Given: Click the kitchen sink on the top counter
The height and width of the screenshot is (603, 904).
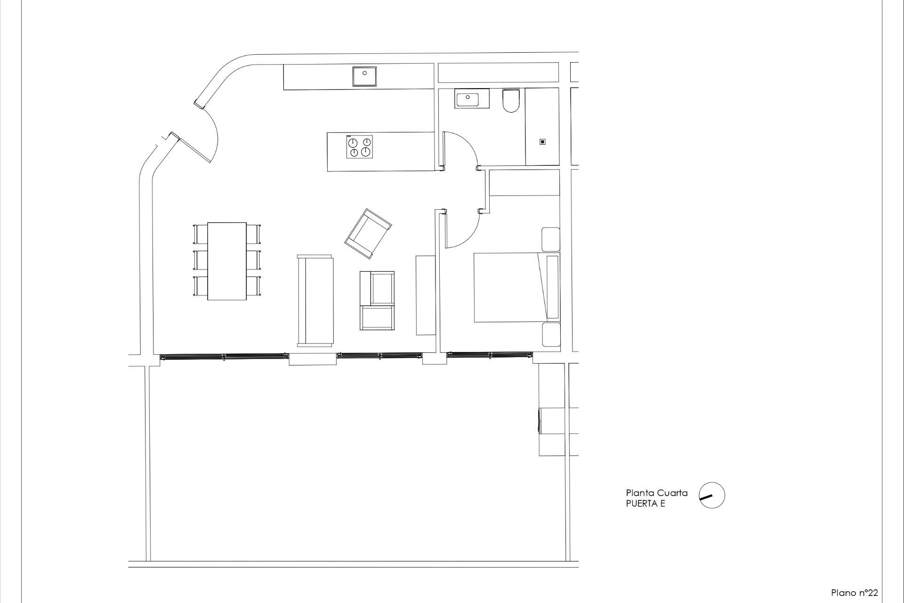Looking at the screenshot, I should pyautogui.click(x=365, y=76).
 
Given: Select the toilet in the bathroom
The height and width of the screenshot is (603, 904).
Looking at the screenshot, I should pyautogui.click(x=510, y=101).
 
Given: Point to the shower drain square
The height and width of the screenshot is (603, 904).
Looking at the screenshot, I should pyautogui.click(x=542, y=142).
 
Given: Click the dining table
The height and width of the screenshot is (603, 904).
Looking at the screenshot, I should pyautogui.click(x=227, y=261).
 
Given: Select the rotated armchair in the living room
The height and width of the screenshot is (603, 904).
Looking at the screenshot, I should pyautogui.click(x=368, y=234).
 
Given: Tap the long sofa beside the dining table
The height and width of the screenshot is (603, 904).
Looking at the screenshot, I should pyautogui.click(x=315, y=301).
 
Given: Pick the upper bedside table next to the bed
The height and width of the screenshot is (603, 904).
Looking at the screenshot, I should pyautogui.click(x=550, y=239).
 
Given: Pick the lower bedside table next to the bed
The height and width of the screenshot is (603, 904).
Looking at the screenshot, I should pyautogui.click(x=550, y=334).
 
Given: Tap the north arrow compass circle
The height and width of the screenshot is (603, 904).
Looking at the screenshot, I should pyautogui.click(x=711, y=495).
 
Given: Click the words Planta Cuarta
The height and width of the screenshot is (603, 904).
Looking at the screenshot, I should pyautogui.click(x=656, y=493).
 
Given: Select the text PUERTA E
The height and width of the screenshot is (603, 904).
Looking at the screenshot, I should pyautogui.click(x=645, y=504).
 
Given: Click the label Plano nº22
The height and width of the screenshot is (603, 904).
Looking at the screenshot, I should pyautogui.click(x=854, y=593).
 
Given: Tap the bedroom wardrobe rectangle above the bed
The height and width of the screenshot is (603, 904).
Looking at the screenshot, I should pyautogui.click(x=525, y=182).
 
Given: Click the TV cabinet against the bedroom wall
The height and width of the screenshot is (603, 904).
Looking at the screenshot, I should pyautogui.click(x=426, y=295).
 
